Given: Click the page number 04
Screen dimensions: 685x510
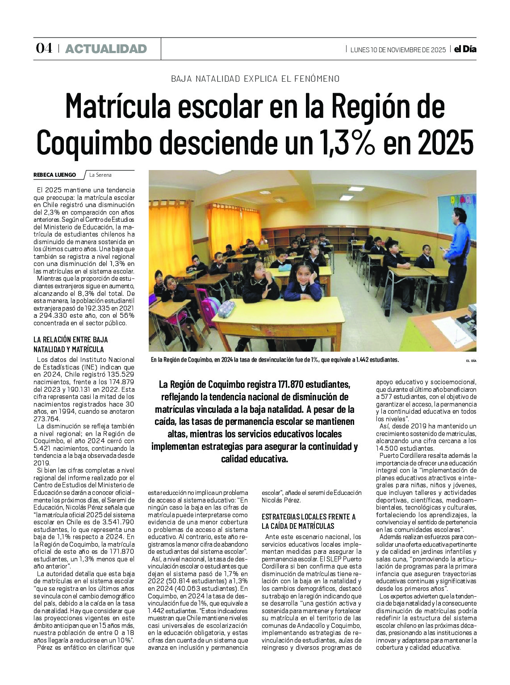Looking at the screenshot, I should tap(44, 49).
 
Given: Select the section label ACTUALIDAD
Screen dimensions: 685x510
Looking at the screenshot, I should tap(106, 49).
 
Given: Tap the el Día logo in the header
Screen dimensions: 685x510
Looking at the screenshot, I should tap(465, 49).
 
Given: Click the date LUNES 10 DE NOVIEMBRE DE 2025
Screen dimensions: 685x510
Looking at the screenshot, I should tap(398, 50).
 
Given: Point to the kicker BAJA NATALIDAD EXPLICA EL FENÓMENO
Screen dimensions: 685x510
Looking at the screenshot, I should tap(255, 79).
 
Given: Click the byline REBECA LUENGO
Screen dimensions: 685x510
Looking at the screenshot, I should tap(54, 175).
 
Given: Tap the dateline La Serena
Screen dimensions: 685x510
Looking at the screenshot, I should tap(100, 175).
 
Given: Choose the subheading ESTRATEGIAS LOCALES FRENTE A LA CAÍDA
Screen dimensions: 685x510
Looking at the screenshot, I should tap(308, 521).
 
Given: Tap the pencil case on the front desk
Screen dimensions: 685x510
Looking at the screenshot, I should tap(226, 308).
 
